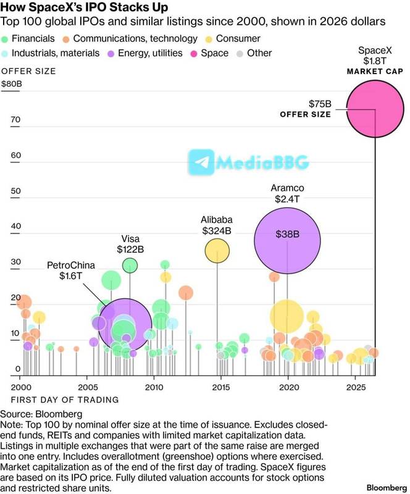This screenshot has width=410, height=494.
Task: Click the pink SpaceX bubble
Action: (x=375, y=109)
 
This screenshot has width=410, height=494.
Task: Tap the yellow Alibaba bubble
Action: (x=217, y=251)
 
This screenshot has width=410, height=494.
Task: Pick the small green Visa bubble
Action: (x=130, y=266)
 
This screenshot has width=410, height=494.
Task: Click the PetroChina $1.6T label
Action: (x=71, y=270)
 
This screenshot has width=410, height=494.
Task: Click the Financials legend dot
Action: (x=5, y=40)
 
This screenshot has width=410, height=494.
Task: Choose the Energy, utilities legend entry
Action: (x=145, y=53)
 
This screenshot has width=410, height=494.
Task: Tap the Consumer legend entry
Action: (x=233, y=39)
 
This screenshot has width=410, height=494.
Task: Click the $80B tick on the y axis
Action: (x=12, y=84)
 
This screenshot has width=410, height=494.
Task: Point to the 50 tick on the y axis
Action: (x=15, y=191)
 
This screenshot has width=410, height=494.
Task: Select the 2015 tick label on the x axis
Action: (x=221, y=387)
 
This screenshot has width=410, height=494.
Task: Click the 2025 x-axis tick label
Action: (x=356, y=387)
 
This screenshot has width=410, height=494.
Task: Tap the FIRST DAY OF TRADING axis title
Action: (x=65, y=400)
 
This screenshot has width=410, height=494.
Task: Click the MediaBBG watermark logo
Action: (x=248, y=162)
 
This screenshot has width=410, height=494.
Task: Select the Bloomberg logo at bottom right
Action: (x=387, y=488)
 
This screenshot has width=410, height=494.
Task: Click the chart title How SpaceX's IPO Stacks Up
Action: (x=84, y=7)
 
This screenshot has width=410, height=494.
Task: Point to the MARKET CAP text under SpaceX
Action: (x=375, y=72)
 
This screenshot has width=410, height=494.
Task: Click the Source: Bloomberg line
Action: (x=41, y=414)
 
